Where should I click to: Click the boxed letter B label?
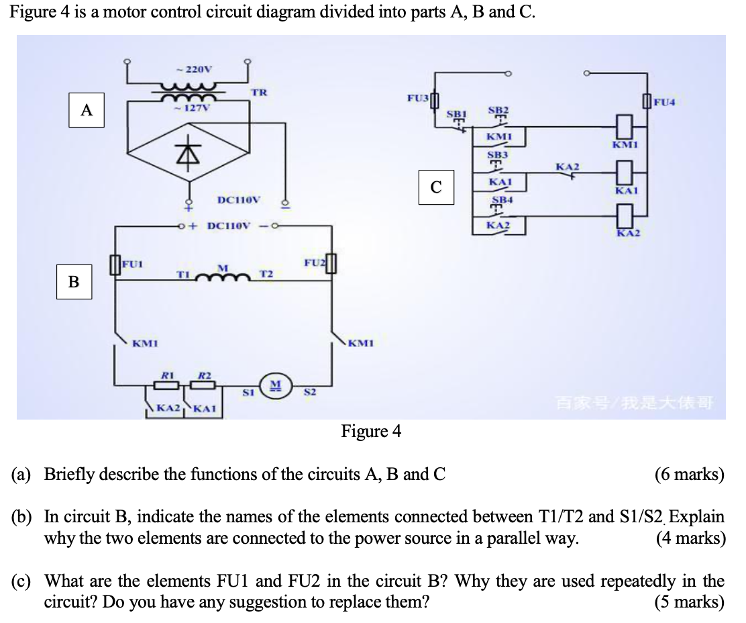point(74,282)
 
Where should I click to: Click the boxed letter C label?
point(436,187)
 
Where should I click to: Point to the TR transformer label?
point(258,92)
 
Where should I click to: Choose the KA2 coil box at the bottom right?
point(625,215)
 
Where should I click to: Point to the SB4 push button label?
point(501,200)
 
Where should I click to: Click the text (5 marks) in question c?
point(689,602)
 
